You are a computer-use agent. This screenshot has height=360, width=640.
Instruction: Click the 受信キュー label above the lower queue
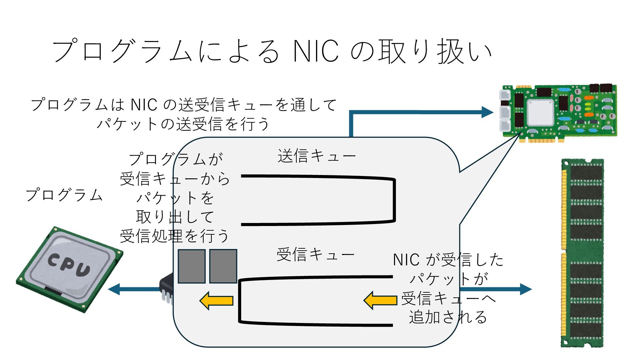[x=315, y=255]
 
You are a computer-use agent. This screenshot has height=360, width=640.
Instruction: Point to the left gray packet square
[x=191, y=266]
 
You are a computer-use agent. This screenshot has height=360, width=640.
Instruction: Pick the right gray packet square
[x=223, y=266]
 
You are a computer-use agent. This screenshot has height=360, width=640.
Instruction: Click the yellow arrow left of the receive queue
[x=216, y=301]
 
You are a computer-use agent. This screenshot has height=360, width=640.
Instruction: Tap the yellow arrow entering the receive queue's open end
[x=380, y=300]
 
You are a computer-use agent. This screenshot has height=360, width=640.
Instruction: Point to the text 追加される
[x=448, y=317]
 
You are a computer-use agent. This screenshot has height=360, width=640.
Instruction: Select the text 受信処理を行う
[x=175, y=236]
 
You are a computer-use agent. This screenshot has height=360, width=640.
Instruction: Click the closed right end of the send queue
[x=394, y=200]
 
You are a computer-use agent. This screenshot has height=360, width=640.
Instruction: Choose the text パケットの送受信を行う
[x=183, y=124]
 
